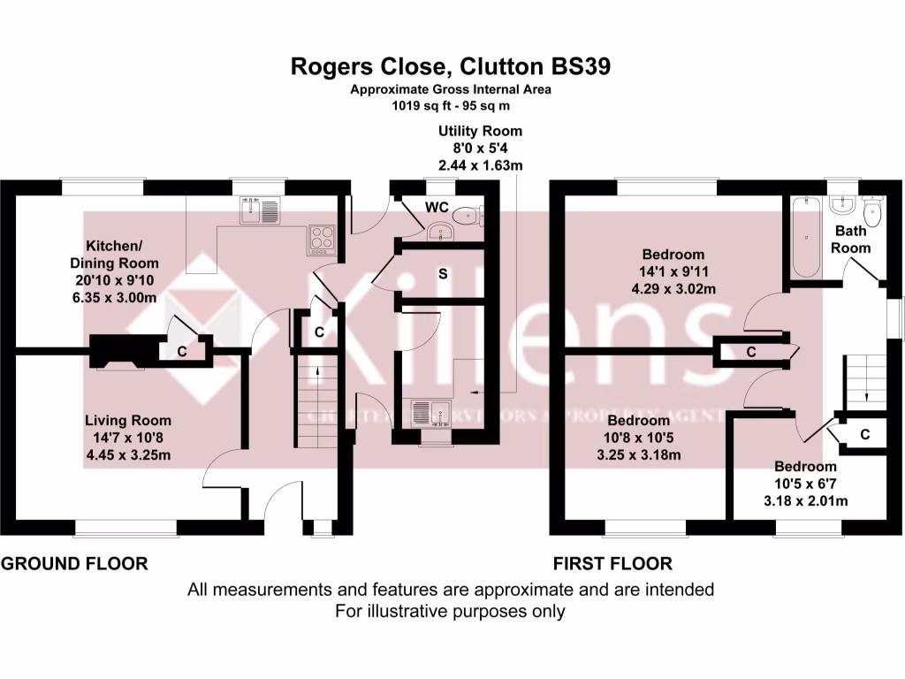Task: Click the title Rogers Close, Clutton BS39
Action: point(452,67)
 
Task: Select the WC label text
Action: point(436,206)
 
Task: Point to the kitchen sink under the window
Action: point(259,210)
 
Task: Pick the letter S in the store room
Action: point(443,274)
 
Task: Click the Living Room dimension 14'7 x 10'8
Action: point(128,438)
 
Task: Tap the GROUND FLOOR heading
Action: point(74,563)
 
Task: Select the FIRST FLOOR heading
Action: point(612,563)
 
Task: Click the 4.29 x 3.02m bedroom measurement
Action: point(673,288)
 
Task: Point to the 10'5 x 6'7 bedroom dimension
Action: point(805,484)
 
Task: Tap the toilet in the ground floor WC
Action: point(468,216)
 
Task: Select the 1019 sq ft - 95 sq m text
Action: point(452,105)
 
